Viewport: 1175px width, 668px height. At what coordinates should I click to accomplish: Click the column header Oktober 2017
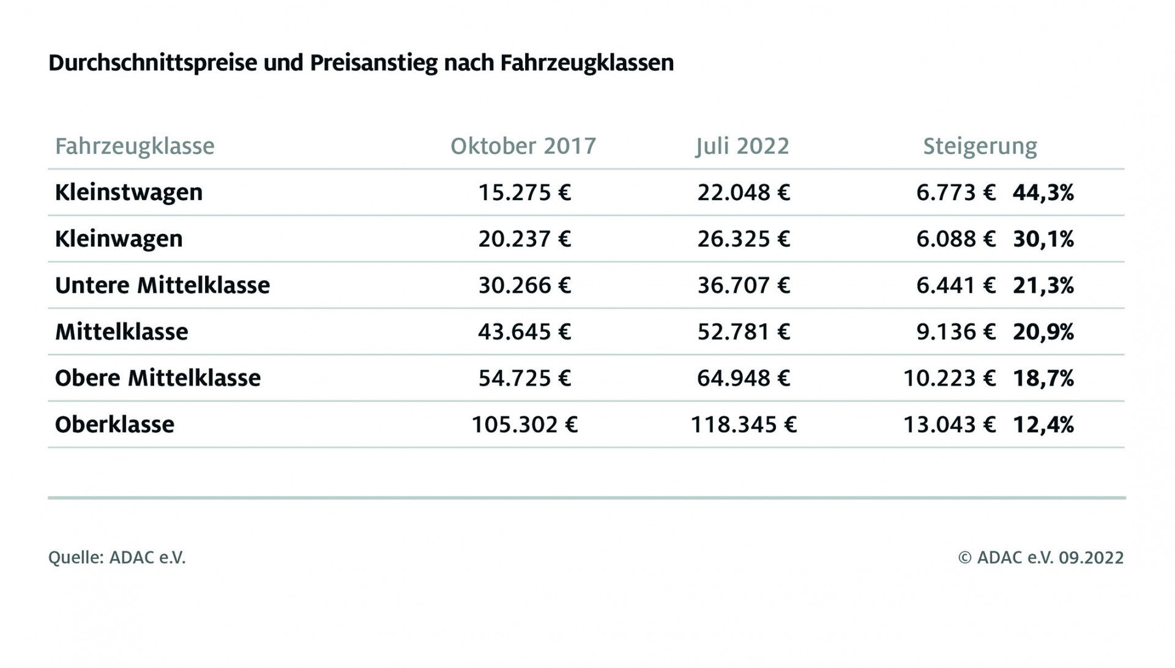click(x=523, y=146)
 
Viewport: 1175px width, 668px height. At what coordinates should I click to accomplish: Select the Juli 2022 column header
click(x=742, y=146)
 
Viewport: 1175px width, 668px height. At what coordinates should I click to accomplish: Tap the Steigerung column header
click(x=980, y=146)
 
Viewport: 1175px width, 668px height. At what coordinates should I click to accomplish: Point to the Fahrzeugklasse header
click(x=135, y=146)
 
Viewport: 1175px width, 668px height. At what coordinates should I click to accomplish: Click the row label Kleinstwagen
click(x=129, y=192)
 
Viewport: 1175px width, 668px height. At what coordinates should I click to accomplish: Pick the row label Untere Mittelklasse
click(x=162, y=285)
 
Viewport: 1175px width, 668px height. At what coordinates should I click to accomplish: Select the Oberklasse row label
click(x=114, y=424)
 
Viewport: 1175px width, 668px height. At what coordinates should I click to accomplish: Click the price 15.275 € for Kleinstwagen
click(x=524, y=192)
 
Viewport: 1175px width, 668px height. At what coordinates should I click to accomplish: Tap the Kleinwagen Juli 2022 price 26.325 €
click(x=744, y=239)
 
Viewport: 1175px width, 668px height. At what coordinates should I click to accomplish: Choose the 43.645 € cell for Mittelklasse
click(x=524, y=332)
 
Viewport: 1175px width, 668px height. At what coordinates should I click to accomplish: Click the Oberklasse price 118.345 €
click(x=744, y=424)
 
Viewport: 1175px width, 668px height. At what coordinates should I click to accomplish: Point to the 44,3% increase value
click(x=1043, y=192)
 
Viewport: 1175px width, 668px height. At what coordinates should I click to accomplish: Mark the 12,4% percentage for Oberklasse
click(x=1043, y=424)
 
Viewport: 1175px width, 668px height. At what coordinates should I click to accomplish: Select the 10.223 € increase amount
click(x=949, y=378)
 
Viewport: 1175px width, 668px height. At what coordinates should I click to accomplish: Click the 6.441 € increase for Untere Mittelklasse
click(x=955, y=285)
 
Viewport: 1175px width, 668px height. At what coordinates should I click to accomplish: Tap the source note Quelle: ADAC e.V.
click(x=117, y=558)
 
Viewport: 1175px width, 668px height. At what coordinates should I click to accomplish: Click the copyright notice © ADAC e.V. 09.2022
click(x=1041, y=558)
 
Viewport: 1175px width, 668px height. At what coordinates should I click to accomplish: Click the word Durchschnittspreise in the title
click(x=152, y=63)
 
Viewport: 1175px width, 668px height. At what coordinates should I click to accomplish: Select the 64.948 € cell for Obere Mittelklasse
click(x=744, y=378)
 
